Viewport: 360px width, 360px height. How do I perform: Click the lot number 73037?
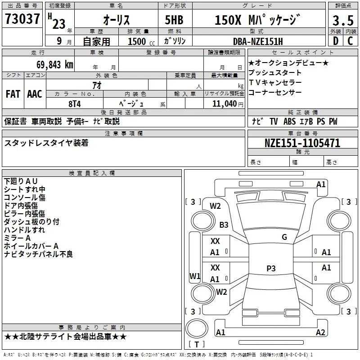pyautogui.click(x=22, y=19)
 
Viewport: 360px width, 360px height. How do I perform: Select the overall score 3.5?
pyautogui.click(x=343, y=20)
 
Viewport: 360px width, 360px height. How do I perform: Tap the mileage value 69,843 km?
pyautogui.click(x=54, y=65)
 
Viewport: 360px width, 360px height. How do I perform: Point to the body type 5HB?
pyautogui.click(x=174, y=20)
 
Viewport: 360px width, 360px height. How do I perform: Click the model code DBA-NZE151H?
pyautogui.click(x=258, y=41)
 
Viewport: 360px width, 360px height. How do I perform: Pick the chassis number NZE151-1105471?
pyautogui.click(x=302, y=143)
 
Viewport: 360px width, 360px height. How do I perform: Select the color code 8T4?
pyautogui.click(x=75, y=104)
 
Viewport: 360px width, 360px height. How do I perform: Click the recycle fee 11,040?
pyautogui.click(x=225, y=103)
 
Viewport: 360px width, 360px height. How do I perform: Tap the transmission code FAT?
pyautogui.click(x=13, y=94)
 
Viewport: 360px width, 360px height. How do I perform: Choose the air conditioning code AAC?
pyautogui.click(x=35, y=94)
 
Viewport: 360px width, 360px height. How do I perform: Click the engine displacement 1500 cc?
pyautogui.click(x=141, y=41)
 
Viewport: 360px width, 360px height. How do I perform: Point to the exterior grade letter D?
pyautogui.click(x=336, y=41)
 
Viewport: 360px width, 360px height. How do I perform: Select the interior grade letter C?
pyautogui.click(x=350, y=41)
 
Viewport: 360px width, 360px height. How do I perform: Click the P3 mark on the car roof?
pyautogui.click(x=271, y=268)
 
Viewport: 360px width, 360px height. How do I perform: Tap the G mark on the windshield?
pyautogui.click(x=284, y=237)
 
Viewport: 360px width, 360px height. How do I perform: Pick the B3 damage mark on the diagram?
pyautogui.click(x=224, y=225)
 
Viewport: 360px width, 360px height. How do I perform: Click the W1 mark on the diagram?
pyautogui.click(x=195, y=276)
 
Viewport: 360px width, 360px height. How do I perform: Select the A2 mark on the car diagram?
pyautogui.click(x=320, y=332)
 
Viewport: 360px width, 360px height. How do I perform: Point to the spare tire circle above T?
pyautogui.click(x=197, y=328)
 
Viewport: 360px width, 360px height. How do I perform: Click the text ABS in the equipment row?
pyautogui.click(x=289, y=121)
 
